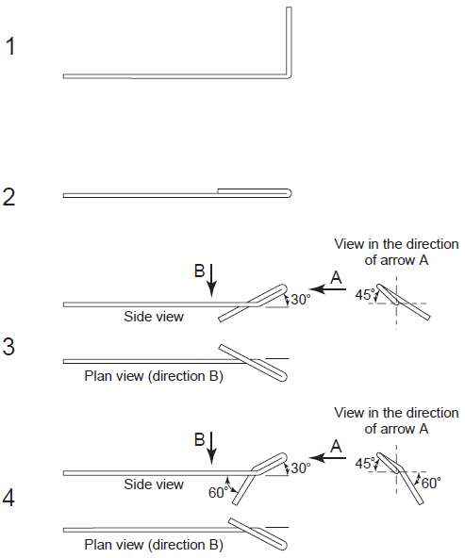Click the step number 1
click(x=10, y=46)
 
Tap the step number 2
click(x=8, y=197)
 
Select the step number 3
click(x=8, y=346)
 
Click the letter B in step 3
click(x=199, y=271)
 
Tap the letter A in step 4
click(x=336, y=446)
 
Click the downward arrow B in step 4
click(x=212, y=448)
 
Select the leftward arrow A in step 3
click(x=327, y=289)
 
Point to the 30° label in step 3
click(x=301, y=300)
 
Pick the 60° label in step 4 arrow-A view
click(x=431, y=483)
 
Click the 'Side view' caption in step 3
click(x=154, y=317)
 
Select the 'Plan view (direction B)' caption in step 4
click(x=154, y=545)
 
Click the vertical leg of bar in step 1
click(x=289, y=41)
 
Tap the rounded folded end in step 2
click(x=290, y=193)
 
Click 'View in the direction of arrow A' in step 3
click(x=396, y=252)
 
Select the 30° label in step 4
click(x=301, y=468)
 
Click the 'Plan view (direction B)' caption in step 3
click(x=154, y=376)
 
